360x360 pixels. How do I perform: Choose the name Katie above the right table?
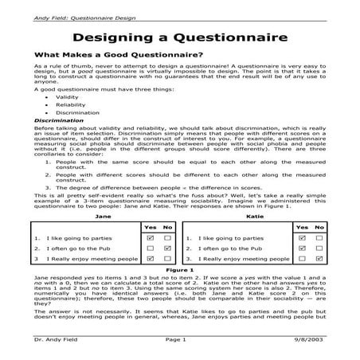click(256, 216)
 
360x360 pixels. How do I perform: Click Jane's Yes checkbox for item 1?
click(151, 237)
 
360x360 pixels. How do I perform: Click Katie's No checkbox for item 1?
click(318, 237)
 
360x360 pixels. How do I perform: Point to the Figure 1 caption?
click(180, 270)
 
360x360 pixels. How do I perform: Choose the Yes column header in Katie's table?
click(301, 227)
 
